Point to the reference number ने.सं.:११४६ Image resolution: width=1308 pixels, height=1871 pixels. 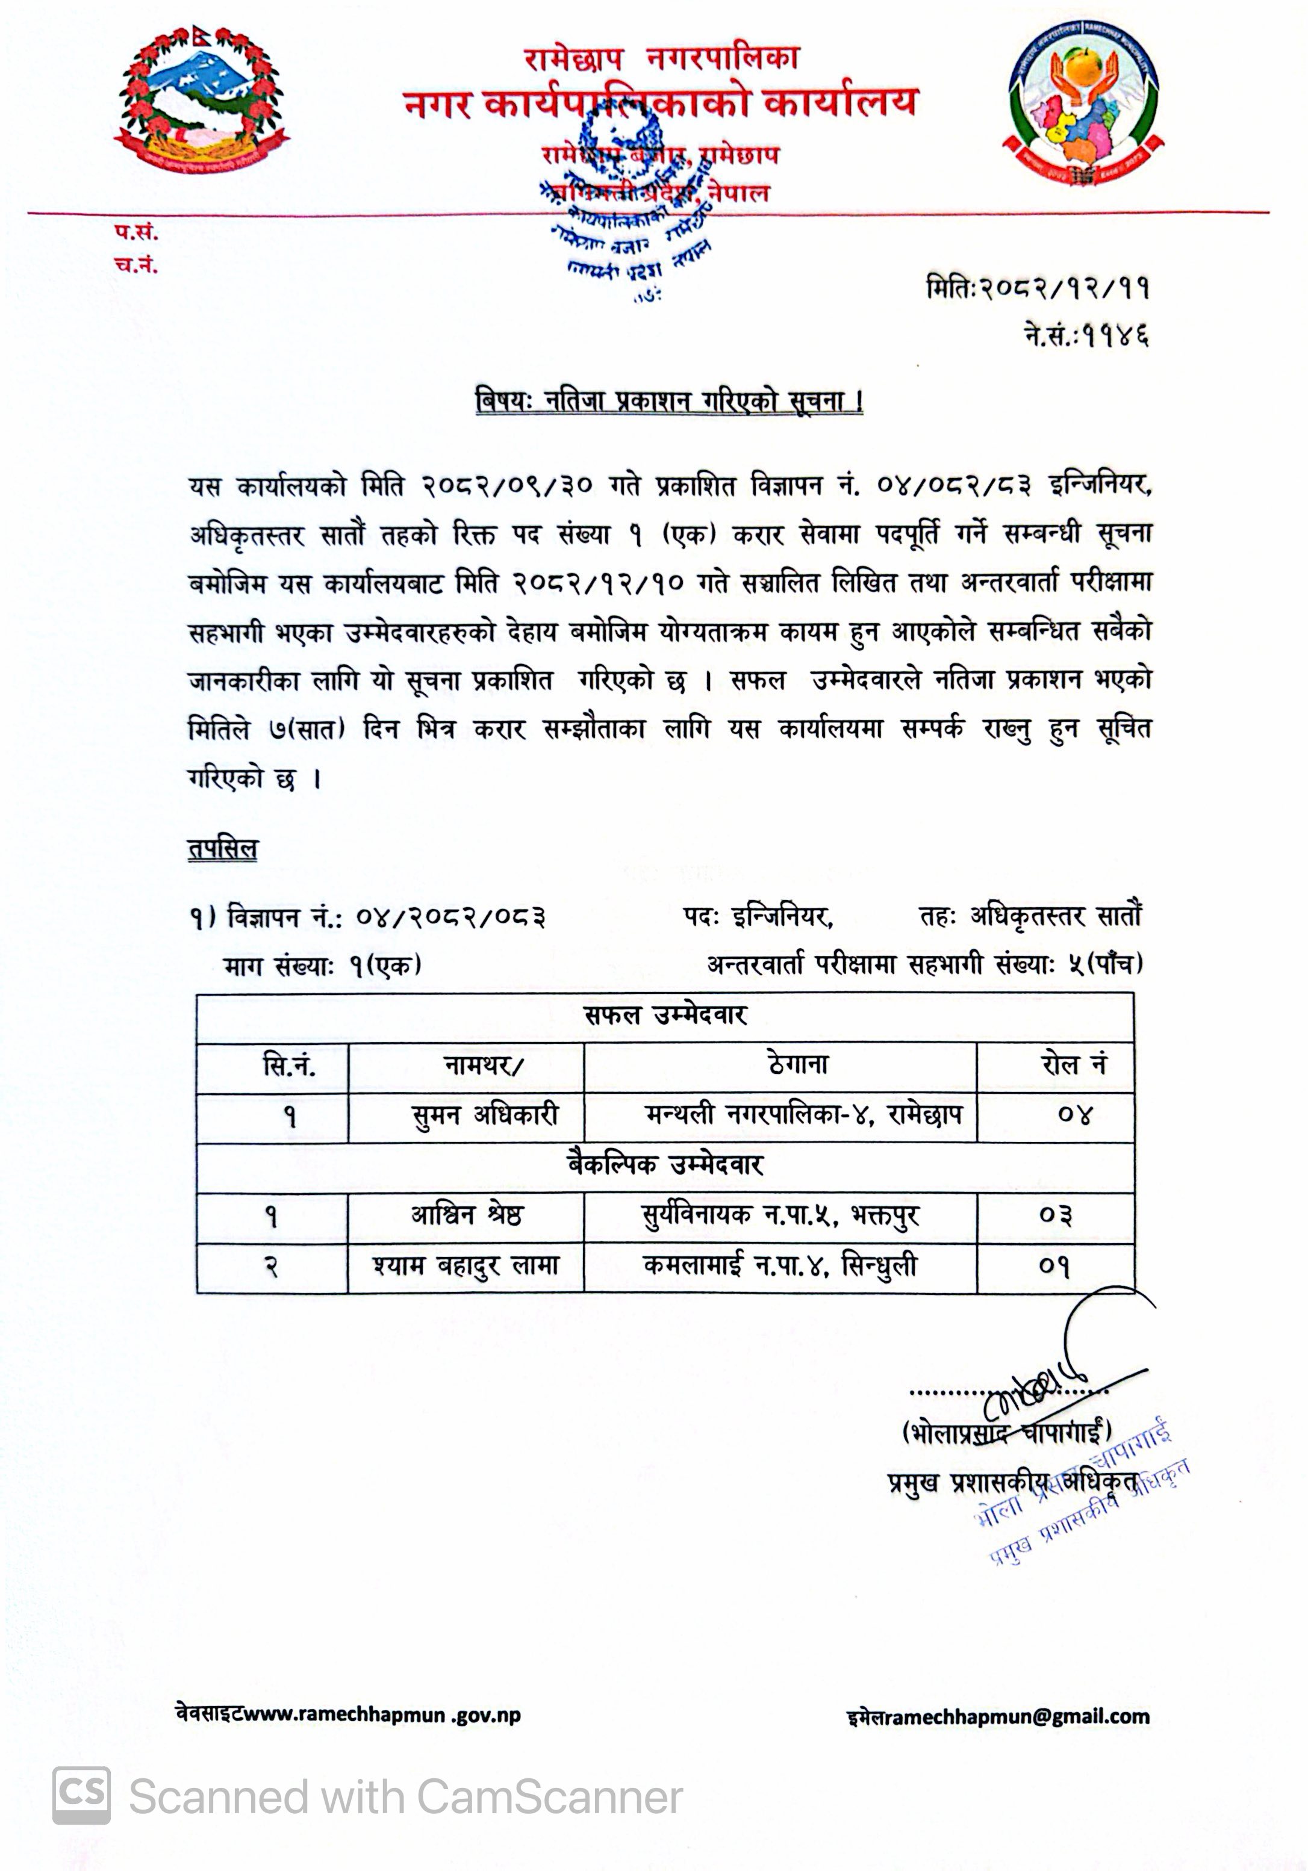(x=1086, y=334)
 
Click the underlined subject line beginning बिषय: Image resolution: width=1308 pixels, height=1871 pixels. (x=669, y=402)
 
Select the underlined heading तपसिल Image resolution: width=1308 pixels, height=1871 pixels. (x=222, y=849)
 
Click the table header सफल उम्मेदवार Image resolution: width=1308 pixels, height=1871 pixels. (x=665, y=1016)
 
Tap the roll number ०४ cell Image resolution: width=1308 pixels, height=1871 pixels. (x=1074, y=1115)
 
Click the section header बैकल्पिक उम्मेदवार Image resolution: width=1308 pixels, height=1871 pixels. (x=665, y=1165)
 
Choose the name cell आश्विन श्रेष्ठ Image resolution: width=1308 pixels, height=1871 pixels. (x=466, y=1216)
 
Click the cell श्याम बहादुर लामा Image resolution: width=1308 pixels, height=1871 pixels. (x=466, y=1267)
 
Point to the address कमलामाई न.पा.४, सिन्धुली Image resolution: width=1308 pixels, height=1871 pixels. (x=780, y=1267)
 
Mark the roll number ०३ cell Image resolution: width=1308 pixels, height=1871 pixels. (x=1056, y=1216)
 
